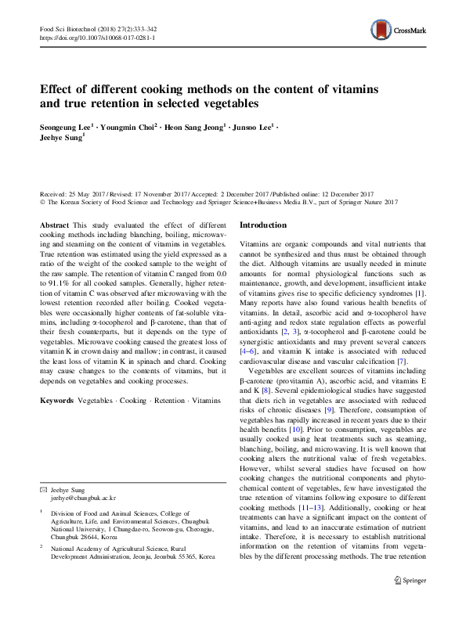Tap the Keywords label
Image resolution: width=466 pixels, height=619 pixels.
click(x=57, y=400)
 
